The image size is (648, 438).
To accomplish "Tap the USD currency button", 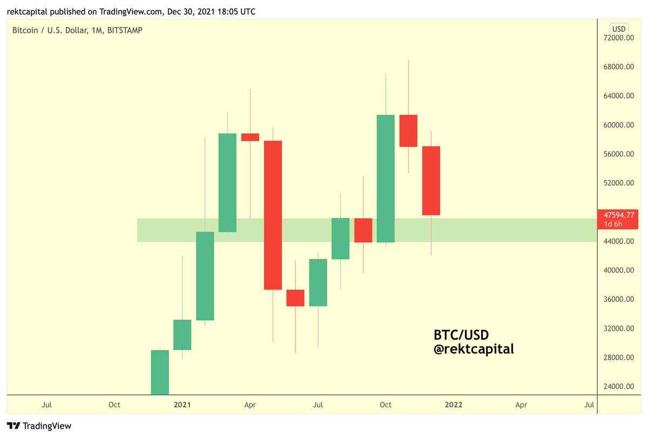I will tap(618, 29).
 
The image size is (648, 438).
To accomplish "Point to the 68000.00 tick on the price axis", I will tap(619, 67).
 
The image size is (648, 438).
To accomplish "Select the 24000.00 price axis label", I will tap(619, 387).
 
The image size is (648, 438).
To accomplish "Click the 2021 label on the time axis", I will tap(183, 404).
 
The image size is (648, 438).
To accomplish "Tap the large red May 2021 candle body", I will tap(273, 215).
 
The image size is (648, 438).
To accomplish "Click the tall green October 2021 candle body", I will tap(386, 178).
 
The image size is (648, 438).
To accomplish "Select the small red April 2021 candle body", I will tap(250, 137).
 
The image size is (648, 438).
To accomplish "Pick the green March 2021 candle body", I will tap(227, 183).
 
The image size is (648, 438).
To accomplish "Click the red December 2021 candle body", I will tap(431, 180).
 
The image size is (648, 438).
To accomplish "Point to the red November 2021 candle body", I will tap(408, 131).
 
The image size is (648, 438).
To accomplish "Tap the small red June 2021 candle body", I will tap(295, 298).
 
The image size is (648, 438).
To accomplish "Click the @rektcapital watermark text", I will tap(474, 349).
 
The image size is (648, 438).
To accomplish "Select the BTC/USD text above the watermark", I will tap(461, 334).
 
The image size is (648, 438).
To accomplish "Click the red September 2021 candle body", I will tap(363, 230).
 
